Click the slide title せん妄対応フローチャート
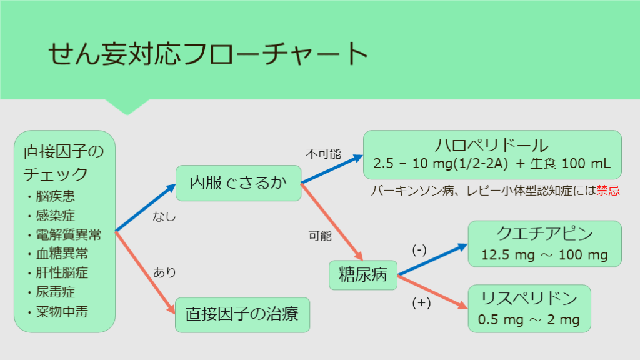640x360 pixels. tap(207, 54)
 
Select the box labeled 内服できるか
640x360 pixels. tap(238, 182)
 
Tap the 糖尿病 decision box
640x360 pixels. tap(362, 275)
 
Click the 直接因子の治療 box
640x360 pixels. tap(242, 314)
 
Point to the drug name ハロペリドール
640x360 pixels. tap(492, 146)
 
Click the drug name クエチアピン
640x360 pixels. tap(544, 234)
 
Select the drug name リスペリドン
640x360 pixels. tap(529, 297)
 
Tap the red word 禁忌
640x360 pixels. tap(608, 191)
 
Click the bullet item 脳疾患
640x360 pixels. tap(55, 197)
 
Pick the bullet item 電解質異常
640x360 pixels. tap(67, 235)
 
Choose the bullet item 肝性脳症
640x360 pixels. tap(61, 272)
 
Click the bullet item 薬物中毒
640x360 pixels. tap(61, 311)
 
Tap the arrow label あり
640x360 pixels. tap(164, 272)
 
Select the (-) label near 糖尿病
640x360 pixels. tap(419, 250)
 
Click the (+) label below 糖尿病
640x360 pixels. tap(421, 303)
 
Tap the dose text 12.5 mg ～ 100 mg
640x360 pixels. tap(544, 255)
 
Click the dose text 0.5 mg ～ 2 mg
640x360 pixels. tap(529, 320)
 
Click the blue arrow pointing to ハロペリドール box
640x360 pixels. tap(332, 169)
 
